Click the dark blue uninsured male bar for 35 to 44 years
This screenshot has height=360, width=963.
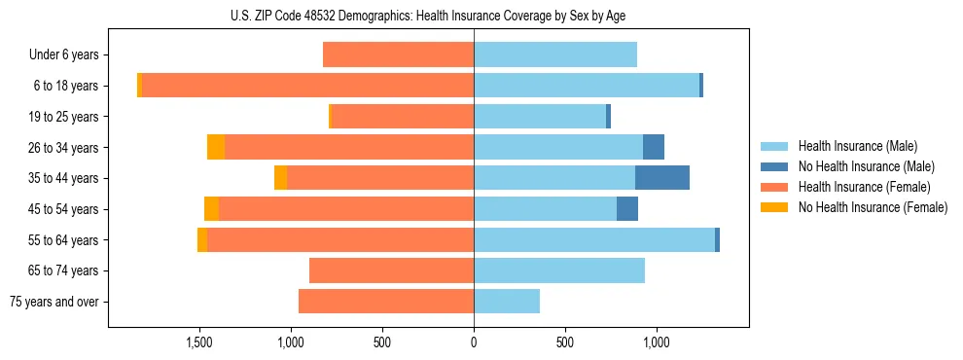[661, 178]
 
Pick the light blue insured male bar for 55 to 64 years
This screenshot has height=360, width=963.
[593, 239]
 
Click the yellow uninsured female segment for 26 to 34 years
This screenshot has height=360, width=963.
[216, 147]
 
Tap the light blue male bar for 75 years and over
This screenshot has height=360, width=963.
[506, 302]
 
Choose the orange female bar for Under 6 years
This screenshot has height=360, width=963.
[398, 55]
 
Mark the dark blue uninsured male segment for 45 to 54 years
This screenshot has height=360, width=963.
[627, 209]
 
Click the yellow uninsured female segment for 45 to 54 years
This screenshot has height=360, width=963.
[211, 209]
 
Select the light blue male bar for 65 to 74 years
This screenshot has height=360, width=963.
[558, 270]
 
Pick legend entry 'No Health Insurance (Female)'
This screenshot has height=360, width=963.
[873, 207]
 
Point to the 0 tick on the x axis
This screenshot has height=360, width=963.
[474, 342]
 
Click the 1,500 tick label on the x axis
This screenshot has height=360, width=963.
[199, 342]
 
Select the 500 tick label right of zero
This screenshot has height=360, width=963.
[564, 342]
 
